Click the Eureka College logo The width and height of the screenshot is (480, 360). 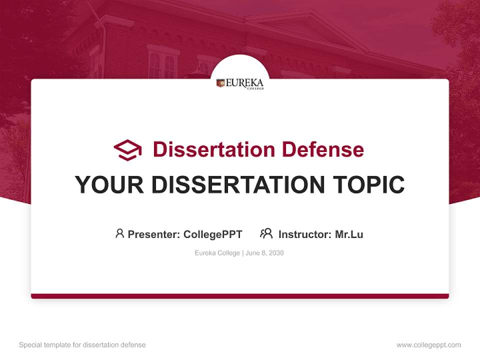click(x=240, y=83)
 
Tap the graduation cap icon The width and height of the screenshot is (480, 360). click(x=127, y=149)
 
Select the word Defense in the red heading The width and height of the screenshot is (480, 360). click(x=322, y=149)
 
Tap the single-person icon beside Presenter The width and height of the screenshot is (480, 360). click(x=119, y=233)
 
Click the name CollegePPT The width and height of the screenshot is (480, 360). click(x=212, y=234)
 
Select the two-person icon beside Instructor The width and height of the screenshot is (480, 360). click(x=266, y=233)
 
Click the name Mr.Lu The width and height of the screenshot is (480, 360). click(x=349, y=234)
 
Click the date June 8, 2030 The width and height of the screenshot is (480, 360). click(x=264, y=253)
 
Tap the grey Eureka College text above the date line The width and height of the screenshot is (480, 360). click(x=217, y=253)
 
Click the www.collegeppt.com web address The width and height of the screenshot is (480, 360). click(x=428, y=345)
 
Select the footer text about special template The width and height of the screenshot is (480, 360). click(x=82, y=345)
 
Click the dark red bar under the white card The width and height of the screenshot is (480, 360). click(x=240, y=296)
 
